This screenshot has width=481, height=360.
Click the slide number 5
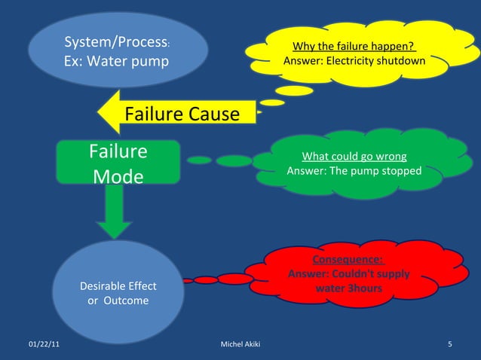[449, 345]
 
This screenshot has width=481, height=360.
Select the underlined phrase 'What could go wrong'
[354, 157]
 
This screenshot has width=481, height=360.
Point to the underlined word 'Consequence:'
[348, 260]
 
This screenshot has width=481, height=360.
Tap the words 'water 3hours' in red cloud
[348, 288]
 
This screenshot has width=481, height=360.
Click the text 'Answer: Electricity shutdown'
[353, 61]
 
